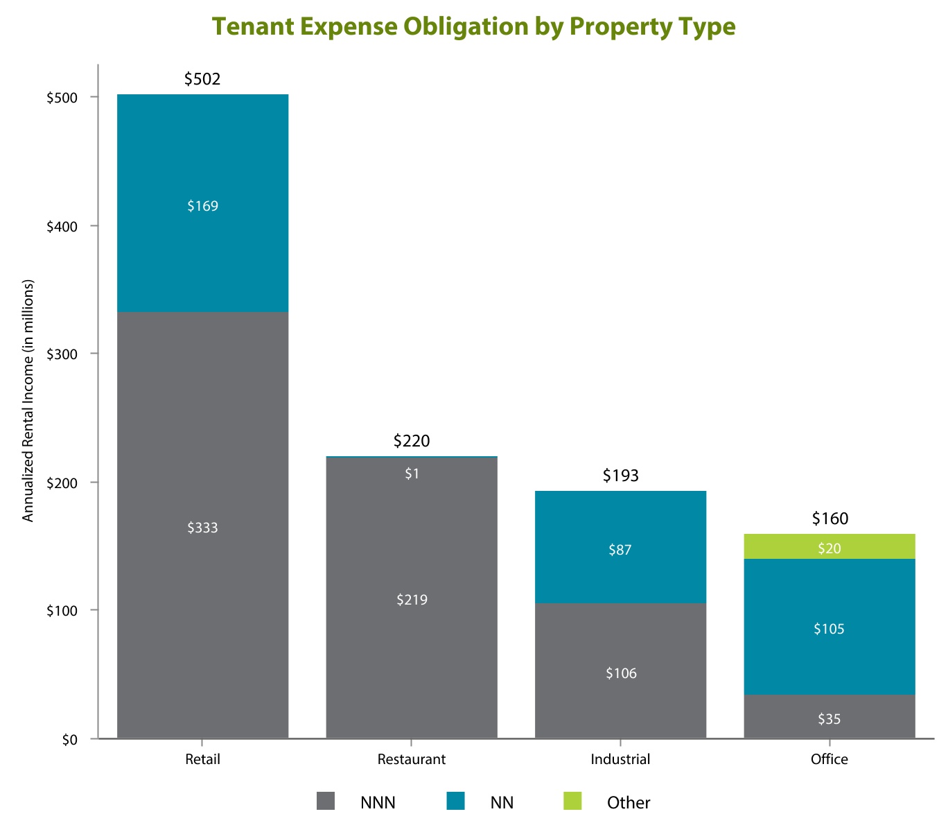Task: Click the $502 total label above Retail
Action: pyautogui.click(x=202, y=79)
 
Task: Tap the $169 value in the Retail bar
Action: pyautogui.click(x=202, y=206)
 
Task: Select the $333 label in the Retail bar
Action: pyautogui.click(x=202, y=528)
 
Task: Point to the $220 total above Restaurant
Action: pyautogui.click(x=412, y=441)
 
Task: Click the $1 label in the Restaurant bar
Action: pyautogui.click(x=412, y=474)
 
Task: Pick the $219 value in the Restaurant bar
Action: pyautogui.click(x=412, y=600)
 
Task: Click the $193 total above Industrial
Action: pyautogui.click(x=620, y=476)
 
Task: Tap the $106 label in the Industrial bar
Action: pyautogui.click(x=620, y=673)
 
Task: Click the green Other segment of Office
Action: pyautogui.click(x=829, y=547)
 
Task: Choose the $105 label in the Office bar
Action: pyautogui.click(x=829, y=629)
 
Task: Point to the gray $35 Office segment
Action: pyautogui.click(x=829, y=717)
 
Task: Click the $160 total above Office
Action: pyautogui.click(x=829, y=519)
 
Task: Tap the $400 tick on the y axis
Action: pyautogui.click(x=61, y=226)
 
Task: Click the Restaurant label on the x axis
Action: pyautogui.click(x=412, y=759)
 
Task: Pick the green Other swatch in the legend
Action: pyautogui.click(x=572, y=801)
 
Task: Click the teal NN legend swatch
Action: pyautogui.click(x=455, y=801)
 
